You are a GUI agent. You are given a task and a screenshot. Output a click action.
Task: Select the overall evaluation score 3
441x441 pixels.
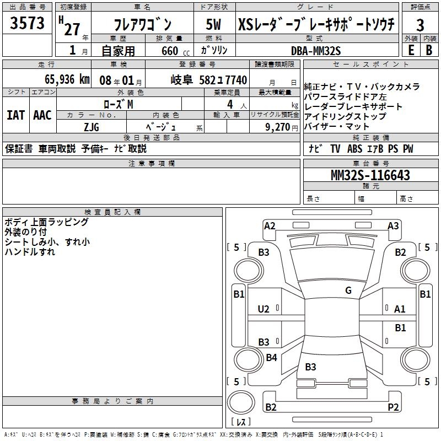pyautogui.click(x=420, y=25)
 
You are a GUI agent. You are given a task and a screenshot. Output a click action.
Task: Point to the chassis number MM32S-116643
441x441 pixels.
pyautogui.click(x=370, y=175)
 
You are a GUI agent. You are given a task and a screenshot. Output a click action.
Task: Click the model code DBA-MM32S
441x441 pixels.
pyautogui.click(x=316, y=50)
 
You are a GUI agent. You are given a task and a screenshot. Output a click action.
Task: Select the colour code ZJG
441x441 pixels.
pyautogui.click(x=91, y=127)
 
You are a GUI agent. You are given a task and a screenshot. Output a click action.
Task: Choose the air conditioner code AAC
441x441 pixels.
pyautogui.click(x=42, y=115)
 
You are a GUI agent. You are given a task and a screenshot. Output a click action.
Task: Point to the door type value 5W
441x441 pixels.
pyautogui.click(x=214, y=25)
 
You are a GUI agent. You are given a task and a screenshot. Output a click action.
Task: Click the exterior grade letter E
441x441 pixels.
pyautogui.click(x=411, y=50)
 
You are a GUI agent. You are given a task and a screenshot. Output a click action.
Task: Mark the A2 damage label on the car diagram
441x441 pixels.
pyautogui.click(x=270, y=225)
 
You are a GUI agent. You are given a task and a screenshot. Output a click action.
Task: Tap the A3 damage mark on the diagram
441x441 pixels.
pyautogui.click(x=393, y=225)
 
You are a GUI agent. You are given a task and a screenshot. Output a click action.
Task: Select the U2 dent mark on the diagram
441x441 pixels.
pyautogui.click(x=264, y=309)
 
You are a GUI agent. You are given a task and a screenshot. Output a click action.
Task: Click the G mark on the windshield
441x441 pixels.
pyautogui.click(x=348, y=291)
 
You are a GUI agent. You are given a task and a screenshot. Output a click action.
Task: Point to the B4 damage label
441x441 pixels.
pyautogui.click(x=271, y=358)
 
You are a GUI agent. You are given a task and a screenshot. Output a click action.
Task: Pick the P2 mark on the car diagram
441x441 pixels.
pyautogui.click(x=393, y=407)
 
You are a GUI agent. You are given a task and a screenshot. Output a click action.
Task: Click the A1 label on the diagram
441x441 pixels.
pyautogui.click(x=400, y=309)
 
